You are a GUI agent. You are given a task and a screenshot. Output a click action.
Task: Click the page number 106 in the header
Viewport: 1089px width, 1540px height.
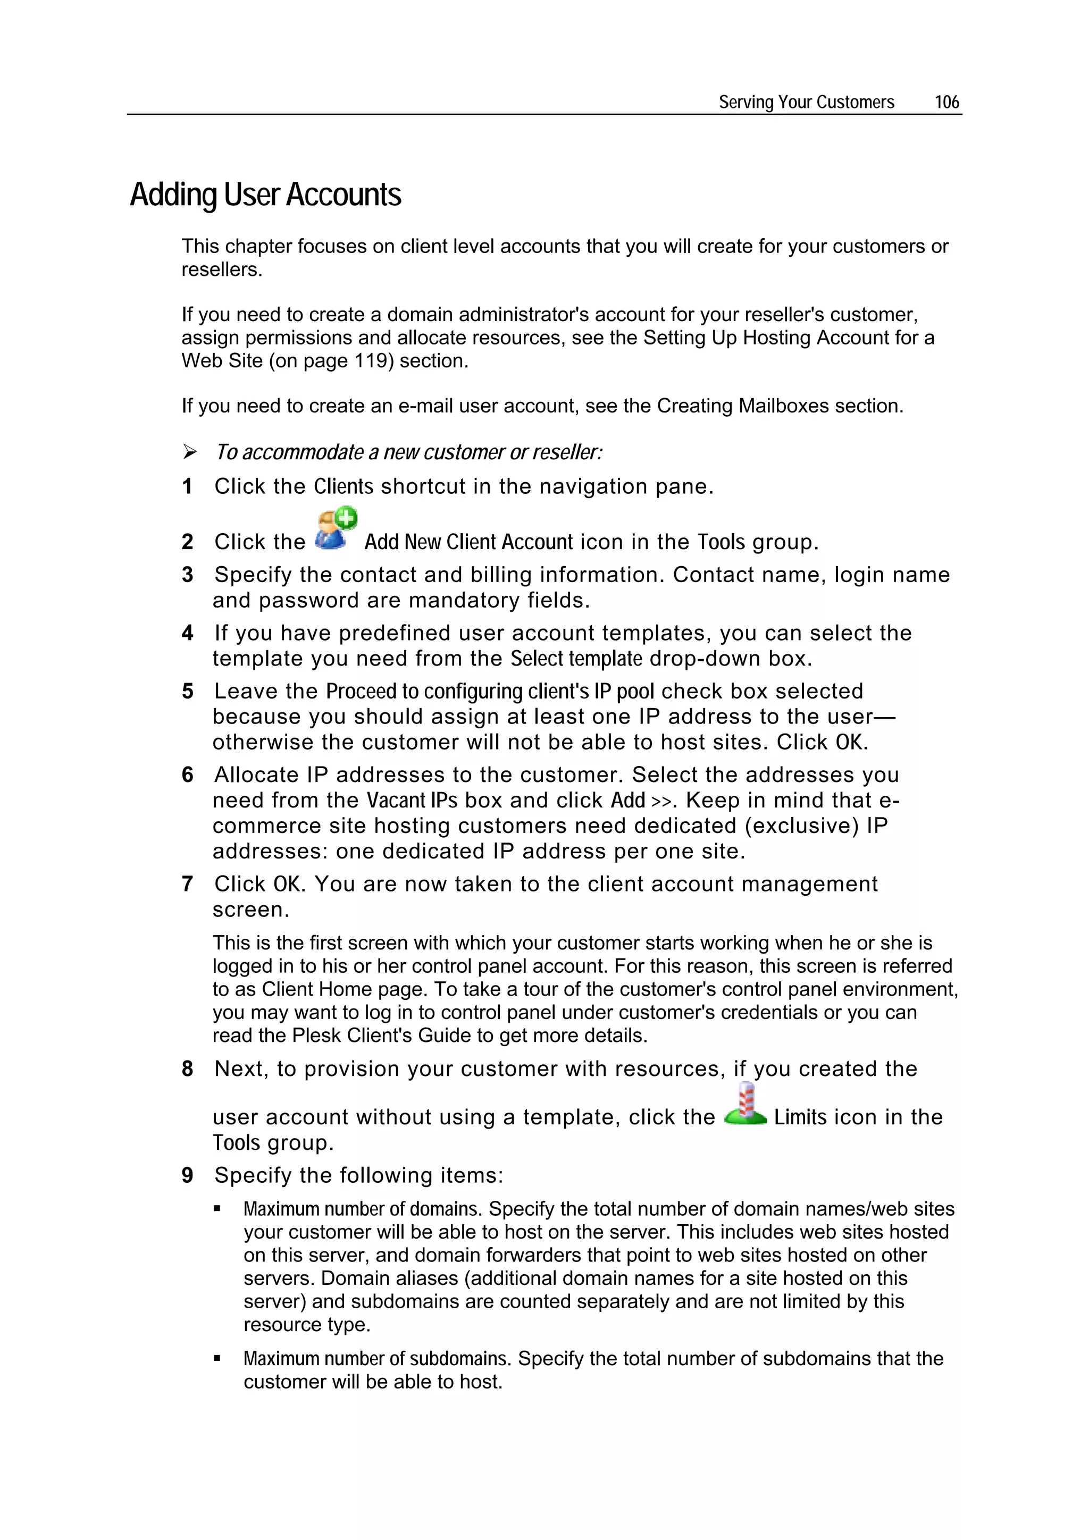946,102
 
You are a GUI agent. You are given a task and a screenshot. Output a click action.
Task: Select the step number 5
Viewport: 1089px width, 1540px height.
188,692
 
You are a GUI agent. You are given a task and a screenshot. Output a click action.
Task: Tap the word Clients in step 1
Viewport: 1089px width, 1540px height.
344,486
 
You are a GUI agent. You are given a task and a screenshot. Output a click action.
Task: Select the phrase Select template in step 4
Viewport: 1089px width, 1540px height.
576,659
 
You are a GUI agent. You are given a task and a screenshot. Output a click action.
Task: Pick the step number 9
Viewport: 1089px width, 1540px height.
188,1175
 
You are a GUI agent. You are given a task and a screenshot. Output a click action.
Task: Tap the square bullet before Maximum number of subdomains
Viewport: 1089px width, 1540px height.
217,1358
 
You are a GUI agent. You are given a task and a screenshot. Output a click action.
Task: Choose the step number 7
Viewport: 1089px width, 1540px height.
188,884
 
